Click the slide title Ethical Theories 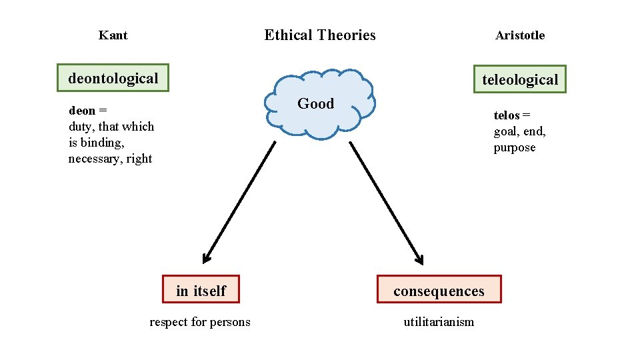point(320,35)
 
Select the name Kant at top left point(113,35)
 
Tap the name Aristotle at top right point(519,36)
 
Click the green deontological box point(113,79)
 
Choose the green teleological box point(519,80)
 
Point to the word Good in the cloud point(315,103)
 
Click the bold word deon point(82,111)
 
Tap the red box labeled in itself point(201,291)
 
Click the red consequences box point(439,291)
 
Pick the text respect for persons point(200,323)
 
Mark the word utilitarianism point(439,323)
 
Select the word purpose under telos point(514,148)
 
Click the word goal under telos point(506,132)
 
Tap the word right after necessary point(139,159)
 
